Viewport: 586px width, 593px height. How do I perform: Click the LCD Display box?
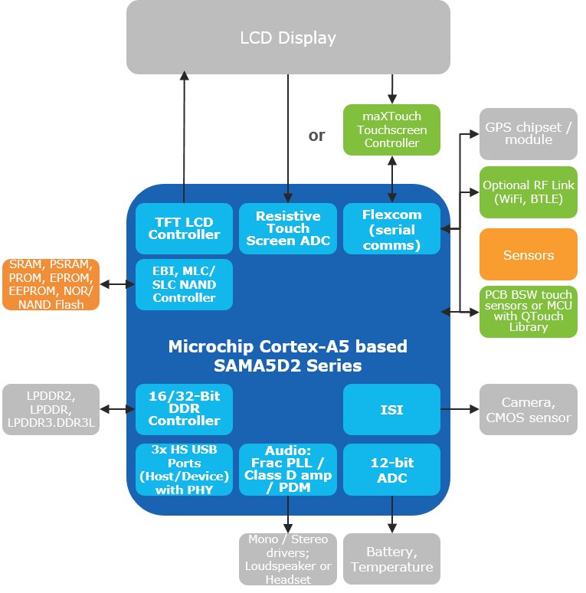(288, 37)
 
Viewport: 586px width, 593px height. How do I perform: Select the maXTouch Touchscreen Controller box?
(391, 130)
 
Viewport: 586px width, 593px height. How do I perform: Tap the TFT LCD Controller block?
(184, 228)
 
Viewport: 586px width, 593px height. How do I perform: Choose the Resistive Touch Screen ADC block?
(288, 228)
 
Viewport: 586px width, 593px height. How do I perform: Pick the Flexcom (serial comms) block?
(391, 228)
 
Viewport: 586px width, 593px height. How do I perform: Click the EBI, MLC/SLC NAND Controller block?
(184, 284)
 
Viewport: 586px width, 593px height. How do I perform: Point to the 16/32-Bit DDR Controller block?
(184, 408)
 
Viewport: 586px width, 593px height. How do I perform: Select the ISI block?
(391, 410)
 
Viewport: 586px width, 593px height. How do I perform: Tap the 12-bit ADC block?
(391, 470)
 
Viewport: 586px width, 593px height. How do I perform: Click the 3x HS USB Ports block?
(184, 470)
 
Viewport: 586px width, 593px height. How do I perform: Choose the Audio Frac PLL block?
(288, 470)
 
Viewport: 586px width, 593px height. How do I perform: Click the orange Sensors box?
(529, 254)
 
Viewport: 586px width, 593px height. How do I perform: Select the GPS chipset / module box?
(529, 133)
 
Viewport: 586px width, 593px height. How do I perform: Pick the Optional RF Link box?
(529, 192)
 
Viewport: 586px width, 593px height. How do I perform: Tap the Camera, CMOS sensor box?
(529, 410)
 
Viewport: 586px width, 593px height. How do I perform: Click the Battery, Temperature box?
(391, 559)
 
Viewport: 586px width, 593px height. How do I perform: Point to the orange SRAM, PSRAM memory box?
(51, 284)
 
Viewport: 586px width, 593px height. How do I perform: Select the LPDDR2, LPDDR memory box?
(51, 409)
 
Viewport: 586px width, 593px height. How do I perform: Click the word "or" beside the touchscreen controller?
(316, 136)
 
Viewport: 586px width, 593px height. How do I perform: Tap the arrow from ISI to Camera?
(460, 410)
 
